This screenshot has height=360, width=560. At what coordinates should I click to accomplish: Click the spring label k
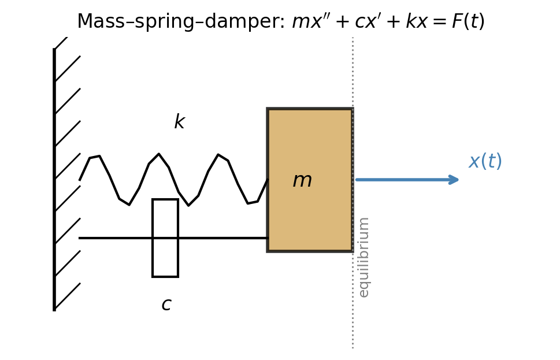(x=179, y=123)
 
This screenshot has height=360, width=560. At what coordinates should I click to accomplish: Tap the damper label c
(x=166, y=305)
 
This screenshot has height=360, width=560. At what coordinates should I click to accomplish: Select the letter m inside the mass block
(x=302, y=180)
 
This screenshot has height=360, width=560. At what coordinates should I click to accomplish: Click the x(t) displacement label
(x=485, y=161)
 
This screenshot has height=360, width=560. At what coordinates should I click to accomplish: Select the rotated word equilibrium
(x=364, y=257)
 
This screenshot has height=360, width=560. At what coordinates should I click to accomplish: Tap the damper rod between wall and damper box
(x=116, y=237)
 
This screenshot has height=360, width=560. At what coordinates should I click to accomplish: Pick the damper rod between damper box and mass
(x=222, y=237)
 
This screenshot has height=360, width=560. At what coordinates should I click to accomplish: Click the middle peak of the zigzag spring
(x=159, y=155)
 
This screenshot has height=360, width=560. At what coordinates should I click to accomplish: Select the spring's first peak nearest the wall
(x=95, y=157)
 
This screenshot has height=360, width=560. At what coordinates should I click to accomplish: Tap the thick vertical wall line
(x=54, y=179)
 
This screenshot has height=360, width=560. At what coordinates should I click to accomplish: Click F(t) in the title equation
(x=468, y=22)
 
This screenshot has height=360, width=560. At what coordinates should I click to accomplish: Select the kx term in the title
(x=417, y=22)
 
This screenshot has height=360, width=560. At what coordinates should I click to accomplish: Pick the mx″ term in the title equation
(x=310, y=22)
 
